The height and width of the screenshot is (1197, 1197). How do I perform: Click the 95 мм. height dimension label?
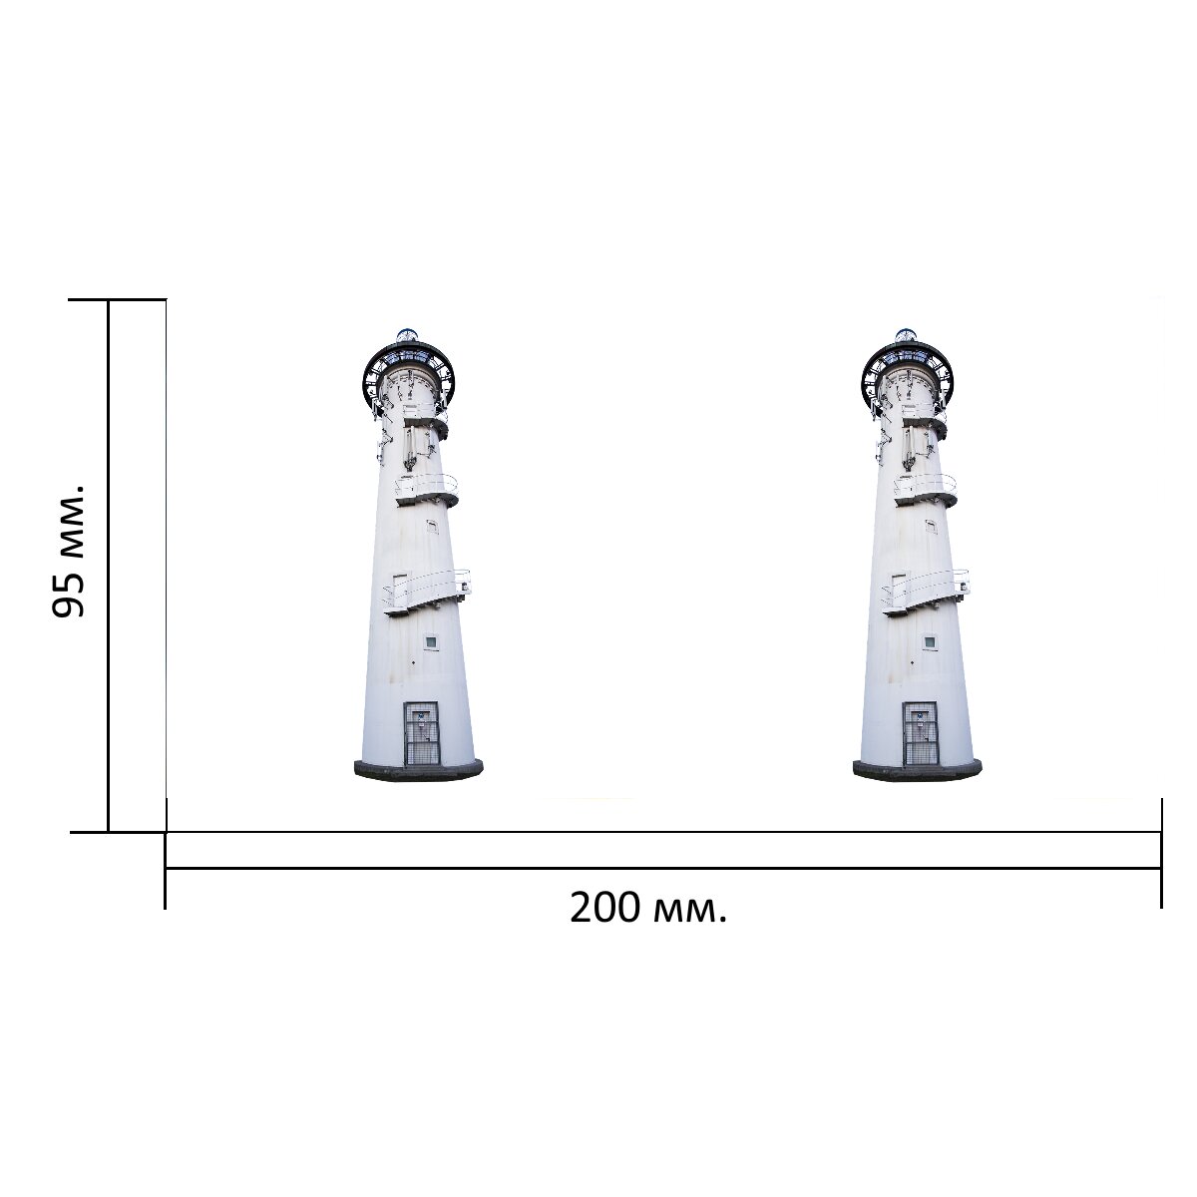point(68,550)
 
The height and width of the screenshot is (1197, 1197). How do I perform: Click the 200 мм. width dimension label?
point(648,908)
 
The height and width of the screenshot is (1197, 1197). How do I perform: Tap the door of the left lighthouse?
point(422,733)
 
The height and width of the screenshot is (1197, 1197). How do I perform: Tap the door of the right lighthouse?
point(921,733)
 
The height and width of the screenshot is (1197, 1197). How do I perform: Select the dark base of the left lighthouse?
point(419,770)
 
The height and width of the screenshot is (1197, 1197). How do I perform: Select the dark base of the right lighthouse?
point(918,770)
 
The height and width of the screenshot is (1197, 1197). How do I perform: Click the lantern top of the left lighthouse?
point(408,335)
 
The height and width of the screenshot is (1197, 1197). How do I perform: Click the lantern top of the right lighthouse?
point(907,335)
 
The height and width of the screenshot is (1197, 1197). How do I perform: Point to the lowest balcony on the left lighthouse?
point(427,592)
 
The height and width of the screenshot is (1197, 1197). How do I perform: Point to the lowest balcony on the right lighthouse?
point(926,592)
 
